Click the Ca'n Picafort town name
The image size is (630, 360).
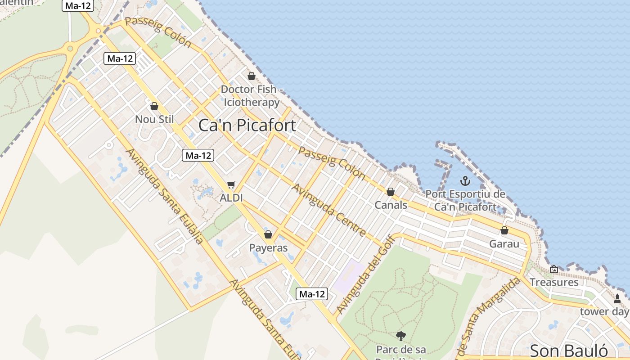point(247,125)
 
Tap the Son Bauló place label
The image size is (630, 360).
point(569,351)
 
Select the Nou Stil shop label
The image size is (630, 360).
point(154,119)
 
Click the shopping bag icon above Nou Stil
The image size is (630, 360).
point(154,106)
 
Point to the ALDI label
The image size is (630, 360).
point(231,198)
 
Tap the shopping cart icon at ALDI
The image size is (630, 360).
point(231,184)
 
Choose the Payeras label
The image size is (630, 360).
point(268,248)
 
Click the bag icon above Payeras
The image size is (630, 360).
point(268,234)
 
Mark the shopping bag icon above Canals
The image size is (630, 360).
point(391,192)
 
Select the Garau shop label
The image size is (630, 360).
point(504,244)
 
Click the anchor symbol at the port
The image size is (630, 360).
point(465,181)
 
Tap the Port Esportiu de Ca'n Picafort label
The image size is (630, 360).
point(465,201)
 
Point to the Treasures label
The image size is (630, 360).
point(554,282)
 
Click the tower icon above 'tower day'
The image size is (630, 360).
point(617,298)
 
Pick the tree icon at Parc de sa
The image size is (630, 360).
point(400,336)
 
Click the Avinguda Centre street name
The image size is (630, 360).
point(329,210)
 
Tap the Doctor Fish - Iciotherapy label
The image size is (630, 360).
point(252,96)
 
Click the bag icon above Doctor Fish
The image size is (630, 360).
point(252,76)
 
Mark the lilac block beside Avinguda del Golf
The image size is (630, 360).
point(349,277)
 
